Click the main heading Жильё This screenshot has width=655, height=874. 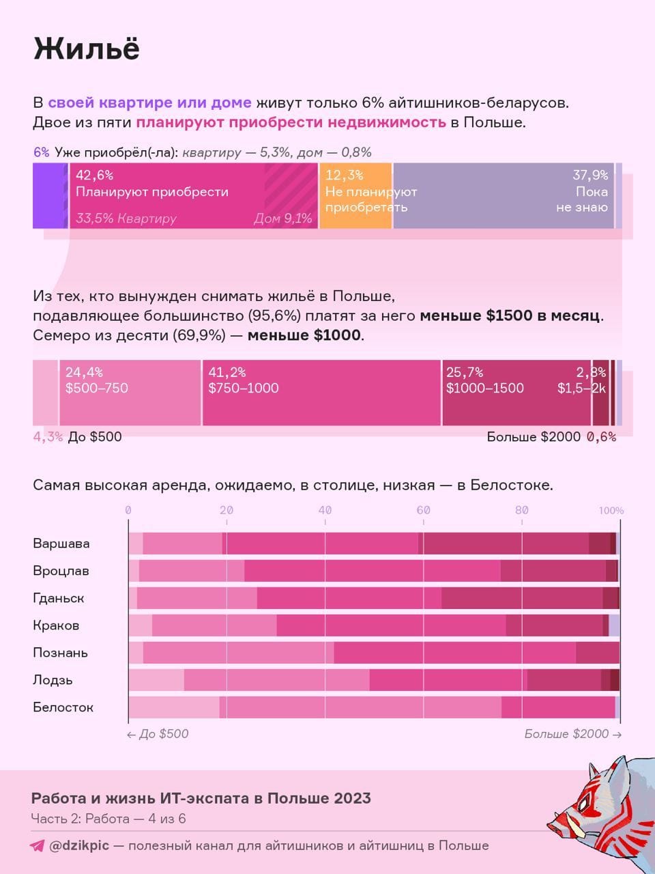click(x=87, y=49)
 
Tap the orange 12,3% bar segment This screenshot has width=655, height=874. click(x=355, y=195)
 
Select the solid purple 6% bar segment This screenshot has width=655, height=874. click(x=48, y=195)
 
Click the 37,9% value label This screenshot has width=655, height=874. click(x=590, y=175)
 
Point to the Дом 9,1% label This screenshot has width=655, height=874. click(x=282, y=218)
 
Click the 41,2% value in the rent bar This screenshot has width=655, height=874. click(x=227, y=372)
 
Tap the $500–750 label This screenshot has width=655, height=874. click(x=97, y=389)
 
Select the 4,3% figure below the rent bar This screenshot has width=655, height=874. click(x=48, y=437)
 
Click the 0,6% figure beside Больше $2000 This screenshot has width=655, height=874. click(x=601, y=437)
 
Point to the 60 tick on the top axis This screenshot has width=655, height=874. click(x=423, y=510)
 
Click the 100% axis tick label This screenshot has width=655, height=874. click(x=611, y=510)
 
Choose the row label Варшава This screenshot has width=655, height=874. click(x=61, y=544)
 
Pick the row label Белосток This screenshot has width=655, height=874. click(x=63, y=707)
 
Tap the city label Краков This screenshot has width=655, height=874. click(x=56, y=625)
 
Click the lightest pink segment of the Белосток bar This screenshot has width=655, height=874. click(x=174, y=707)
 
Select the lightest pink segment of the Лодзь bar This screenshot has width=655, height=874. click(x=156, y=680)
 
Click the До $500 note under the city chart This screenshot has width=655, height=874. click(x=158, y=734)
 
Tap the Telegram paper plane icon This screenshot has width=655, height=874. click(x=38, y=845)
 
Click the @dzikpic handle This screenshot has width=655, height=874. click(x=78, y=845)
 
